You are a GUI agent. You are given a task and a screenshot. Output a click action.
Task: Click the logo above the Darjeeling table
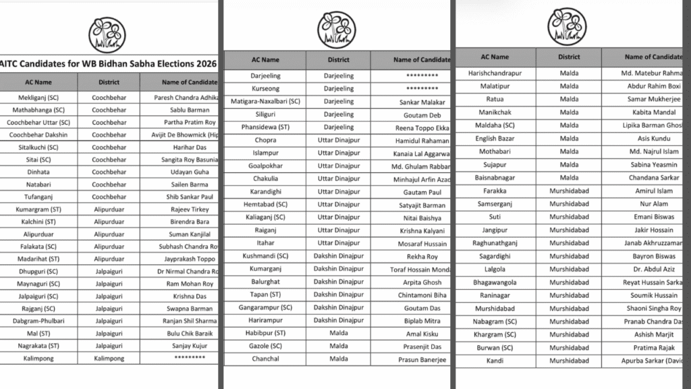[337, 29]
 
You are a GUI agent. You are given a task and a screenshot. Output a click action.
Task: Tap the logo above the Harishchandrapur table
[568, 26]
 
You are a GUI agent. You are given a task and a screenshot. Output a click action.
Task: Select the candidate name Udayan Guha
[185, 172]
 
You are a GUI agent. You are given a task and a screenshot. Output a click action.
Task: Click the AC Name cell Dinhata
[38, 172]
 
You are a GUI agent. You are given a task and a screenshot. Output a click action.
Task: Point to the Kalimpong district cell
[108, 358]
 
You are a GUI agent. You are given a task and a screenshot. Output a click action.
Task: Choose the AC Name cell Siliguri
[265, 115]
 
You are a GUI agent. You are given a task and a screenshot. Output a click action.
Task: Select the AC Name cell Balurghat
[265, 282]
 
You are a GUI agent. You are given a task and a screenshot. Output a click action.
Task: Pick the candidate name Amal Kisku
[423, 334]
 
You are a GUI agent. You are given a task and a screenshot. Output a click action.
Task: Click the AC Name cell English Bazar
[495, 138]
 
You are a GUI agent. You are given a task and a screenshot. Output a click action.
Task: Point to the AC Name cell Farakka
[495, 191]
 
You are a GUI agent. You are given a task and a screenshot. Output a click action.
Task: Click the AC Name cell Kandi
[495, 361]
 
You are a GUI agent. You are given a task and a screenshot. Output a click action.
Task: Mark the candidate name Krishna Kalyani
[425, 230]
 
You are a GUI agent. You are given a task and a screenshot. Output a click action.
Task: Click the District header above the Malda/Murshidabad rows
[569, 57]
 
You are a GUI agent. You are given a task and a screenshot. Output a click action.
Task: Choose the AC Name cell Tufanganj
[38, 197]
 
